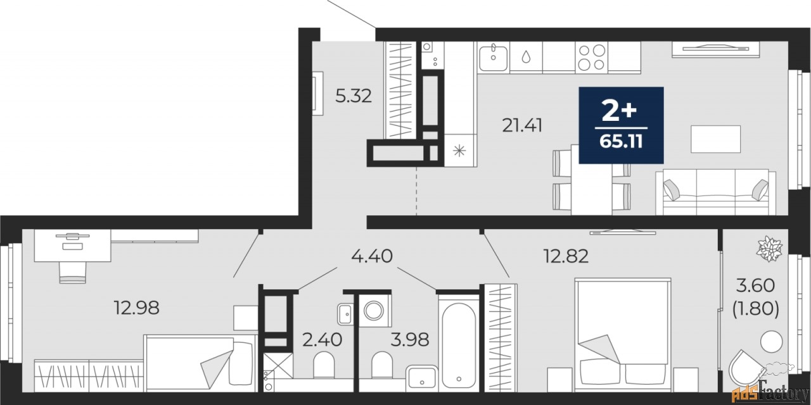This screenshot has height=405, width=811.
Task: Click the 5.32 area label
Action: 354,96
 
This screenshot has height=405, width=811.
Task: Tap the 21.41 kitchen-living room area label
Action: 522,126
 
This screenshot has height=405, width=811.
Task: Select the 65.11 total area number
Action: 621,141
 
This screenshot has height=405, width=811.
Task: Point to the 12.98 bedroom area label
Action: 136,308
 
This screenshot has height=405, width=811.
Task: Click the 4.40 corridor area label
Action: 372,256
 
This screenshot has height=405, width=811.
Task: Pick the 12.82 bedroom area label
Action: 566,256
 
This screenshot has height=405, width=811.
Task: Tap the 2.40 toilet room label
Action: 322,340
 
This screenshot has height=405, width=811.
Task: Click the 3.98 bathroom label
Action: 410,340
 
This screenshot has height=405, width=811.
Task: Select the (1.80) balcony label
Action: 756,309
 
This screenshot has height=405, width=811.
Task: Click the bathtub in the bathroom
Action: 459,344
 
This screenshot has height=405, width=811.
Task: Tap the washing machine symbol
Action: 374,311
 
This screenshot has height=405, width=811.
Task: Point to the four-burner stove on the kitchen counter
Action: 591,57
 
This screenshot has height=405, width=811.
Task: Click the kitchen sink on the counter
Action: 494,57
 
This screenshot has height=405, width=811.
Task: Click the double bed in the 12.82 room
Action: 623,335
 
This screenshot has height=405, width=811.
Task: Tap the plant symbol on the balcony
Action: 769,249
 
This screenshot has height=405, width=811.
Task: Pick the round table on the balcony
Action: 772,341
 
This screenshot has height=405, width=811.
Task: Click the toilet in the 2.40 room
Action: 324,364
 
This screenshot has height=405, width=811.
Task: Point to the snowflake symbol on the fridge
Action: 459,151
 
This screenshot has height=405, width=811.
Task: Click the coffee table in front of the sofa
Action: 715,139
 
